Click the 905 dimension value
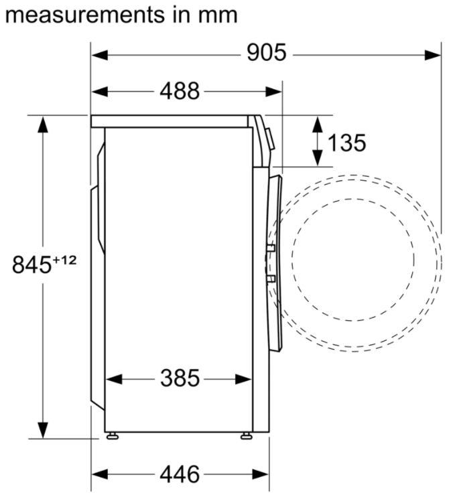point(266,53)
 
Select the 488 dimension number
point(180,91)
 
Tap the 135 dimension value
point(346,143)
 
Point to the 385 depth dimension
point(180,378)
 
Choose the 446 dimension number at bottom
point(180,474)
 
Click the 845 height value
point(31,265)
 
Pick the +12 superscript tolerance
point(64,261)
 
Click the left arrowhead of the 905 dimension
point(100,55)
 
